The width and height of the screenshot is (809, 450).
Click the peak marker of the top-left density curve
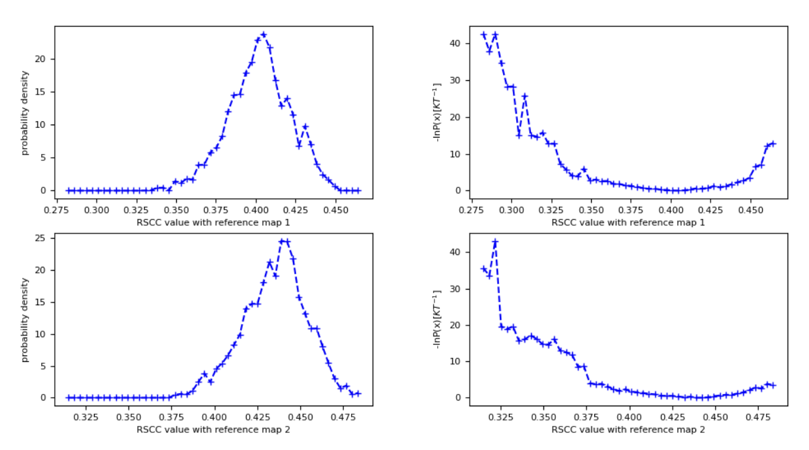point(264,35)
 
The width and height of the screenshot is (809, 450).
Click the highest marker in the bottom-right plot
point(495,242)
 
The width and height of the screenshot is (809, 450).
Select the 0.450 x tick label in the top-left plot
point(335,212)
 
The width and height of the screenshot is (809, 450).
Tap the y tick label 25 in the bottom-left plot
point(40,238)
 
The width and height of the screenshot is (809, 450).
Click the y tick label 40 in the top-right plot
point(455,44)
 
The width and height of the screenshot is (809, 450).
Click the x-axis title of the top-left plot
point(213,222)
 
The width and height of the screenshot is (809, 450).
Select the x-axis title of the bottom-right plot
point(628,429)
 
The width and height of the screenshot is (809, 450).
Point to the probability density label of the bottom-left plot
point(25,320)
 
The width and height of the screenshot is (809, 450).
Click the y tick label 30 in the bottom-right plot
point(455,288)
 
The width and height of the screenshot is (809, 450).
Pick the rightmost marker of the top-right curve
point(774,143)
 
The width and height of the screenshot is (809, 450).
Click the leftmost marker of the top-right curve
point(483,35)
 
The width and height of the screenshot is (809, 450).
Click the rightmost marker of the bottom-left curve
point(358,393)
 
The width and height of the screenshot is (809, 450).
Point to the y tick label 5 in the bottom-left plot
point(42,366)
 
